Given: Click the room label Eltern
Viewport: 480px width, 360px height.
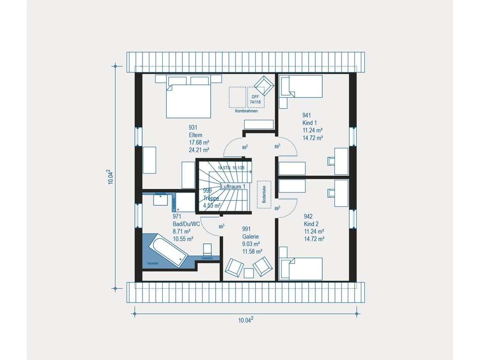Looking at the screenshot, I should tap(196, 135).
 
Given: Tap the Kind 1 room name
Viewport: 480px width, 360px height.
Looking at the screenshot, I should tap(310, 122).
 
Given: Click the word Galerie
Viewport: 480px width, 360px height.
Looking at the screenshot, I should tap(251, 236).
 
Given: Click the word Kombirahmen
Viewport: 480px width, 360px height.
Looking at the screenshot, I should tap(246, 111).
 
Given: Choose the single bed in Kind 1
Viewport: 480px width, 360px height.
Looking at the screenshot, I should tap(302, 86).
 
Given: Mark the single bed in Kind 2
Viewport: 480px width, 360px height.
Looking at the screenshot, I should tap(302, 268).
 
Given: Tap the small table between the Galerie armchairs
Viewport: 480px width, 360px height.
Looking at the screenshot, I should tap(248, 273).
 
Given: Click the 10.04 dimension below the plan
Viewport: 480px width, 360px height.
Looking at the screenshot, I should tap(245, 319).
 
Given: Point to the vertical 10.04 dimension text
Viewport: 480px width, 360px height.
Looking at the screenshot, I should tap(110, 176).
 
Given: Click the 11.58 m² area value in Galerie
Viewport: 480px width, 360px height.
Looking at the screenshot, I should tap(252, 251).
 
